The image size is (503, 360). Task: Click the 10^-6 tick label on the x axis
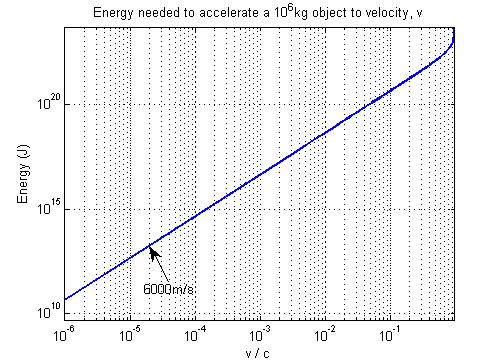pyautogui.click(x=66, y=330)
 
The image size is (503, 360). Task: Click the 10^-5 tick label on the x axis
pyautogui.click(x=130, y=330)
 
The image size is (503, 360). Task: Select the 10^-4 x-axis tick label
pyautogui.click(x=195, y=330)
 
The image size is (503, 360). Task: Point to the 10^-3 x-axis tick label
pyautogui.click(x=260, y=330)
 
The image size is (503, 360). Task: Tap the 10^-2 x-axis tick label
pyautogui.click(x=324, y=330)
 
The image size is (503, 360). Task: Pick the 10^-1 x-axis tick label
pyautogui.click(x=389, y=330)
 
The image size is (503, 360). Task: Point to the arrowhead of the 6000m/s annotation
pyautogui.click(x=152, y=250)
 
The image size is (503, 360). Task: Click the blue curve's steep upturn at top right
pyautogui.click(x=451, y=45)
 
